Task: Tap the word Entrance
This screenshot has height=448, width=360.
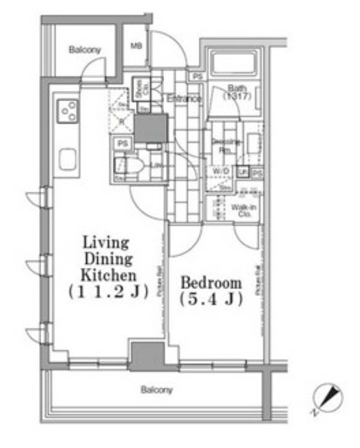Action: click(184, 99)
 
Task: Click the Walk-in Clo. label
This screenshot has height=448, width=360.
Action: click(244, 211)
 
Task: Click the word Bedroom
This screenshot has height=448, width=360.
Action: click(212, 283)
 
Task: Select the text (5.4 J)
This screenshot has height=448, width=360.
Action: click(212, 301)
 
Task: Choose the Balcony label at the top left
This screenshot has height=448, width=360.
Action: click(85, 50)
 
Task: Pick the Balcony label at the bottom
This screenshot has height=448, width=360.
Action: click(156, 390)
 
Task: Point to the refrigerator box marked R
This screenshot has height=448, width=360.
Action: click(121, 120)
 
